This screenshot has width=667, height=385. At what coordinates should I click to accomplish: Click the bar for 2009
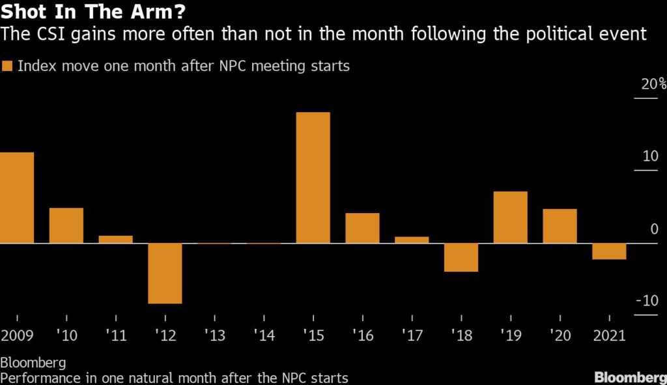pos(17,198)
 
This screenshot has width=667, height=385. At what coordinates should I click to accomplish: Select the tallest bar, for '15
pos(313,178)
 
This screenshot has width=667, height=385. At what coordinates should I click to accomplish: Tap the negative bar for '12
pos(165,273)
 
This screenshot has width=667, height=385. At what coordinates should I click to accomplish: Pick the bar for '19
pos(510,218)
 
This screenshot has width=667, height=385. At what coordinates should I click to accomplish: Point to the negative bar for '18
pos(461,257)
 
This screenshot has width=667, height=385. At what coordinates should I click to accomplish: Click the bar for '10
pos(66,225)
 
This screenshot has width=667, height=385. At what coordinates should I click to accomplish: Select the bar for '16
pos(362,228)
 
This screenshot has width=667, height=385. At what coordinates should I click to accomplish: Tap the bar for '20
pos(560,226)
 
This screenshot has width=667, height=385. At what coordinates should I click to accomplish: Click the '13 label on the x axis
pos(214,335)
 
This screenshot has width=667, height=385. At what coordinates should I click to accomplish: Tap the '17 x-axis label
pos(412,335)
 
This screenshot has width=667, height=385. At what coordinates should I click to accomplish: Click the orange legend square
pos(7,66)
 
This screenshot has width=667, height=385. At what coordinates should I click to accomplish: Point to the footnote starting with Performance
pos(175,377)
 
